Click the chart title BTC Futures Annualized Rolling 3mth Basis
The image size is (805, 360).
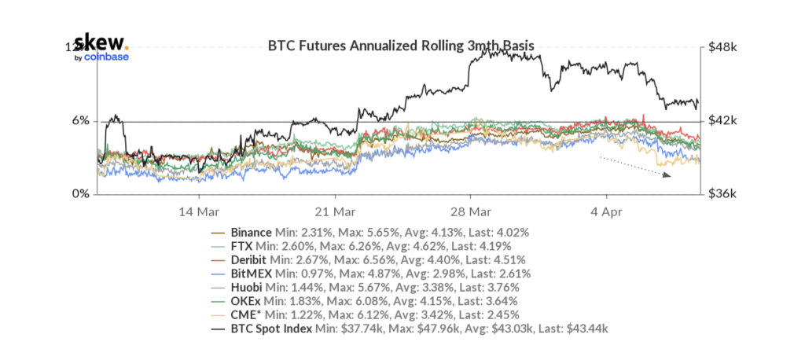pos(401,46)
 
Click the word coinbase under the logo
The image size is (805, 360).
pos(106,57)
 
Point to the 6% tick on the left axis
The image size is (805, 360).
pos(80,120)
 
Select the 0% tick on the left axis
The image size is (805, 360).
pos(80,193)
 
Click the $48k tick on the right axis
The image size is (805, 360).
pos(722,47)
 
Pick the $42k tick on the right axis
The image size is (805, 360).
pos(722,120)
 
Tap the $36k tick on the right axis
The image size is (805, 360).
pos(722,193)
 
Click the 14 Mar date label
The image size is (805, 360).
pos(199,212)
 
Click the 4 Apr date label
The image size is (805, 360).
pos(606,212)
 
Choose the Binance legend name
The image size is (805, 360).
pos(251,233)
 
